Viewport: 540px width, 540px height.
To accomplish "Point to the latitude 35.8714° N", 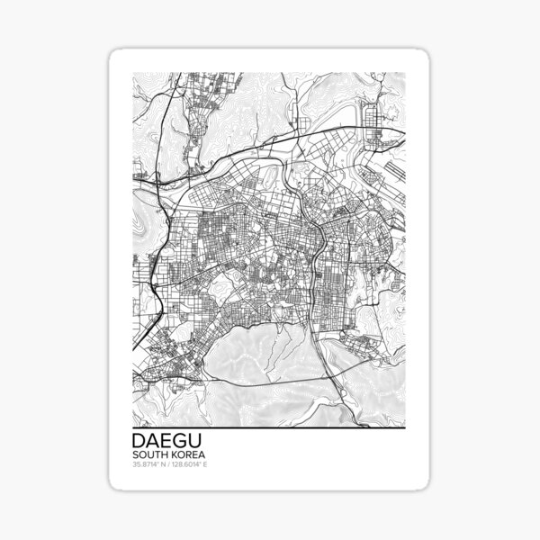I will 149,465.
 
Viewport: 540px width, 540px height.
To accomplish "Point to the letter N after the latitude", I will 165,465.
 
